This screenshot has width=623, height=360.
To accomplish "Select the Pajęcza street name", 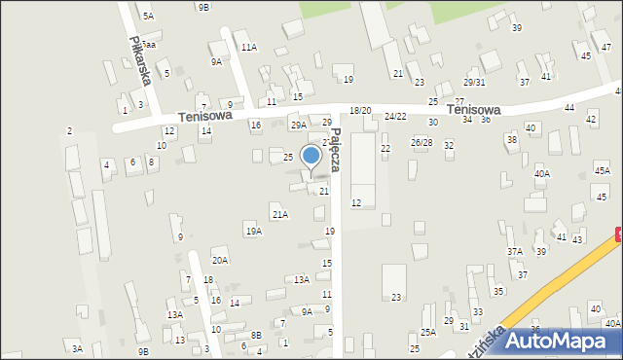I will click(x=334, y=149).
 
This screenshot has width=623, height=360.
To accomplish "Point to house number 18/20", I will click(x=360, y=111).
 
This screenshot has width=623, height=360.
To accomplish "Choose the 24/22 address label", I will click(x=395, y=116).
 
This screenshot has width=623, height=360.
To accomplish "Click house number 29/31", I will click(x=474, y=83).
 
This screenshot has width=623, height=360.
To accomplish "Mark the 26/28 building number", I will click(x=421, y=142).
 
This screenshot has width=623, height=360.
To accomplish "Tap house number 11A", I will click(x=249, y=47).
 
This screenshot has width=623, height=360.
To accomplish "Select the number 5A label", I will click(x=148, y=16).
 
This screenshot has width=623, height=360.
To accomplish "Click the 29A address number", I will click(x=298, y=125).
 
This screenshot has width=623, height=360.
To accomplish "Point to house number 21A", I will click(x=280, y=214).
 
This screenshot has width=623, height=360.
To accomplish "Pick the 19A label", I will click(x=254, y=231).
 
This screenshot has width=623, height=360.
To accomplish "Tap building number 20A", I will click(x=220, y=260).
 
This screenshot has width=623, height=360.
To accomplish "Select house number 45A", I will click(x=602, y=170).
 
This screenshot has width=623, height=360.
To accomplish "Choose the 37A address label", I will click(x=514, y=251).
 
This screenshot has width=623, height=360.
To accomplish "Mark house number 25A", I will click(x=428, y=332).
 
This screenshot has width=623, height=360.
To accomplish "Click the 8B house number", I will click(x=256, y=335).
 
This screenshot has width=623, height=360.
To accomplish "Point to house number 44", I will click(x=568, y=107).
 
